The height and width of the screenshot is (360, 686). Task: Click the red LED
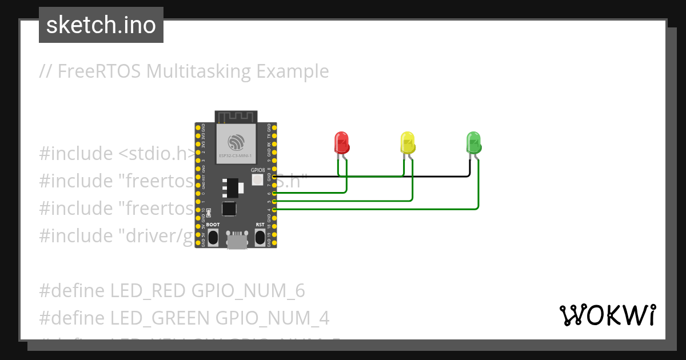[x=341, y=142]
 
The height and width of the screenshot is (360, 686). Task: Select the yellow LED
[x=407, y=142]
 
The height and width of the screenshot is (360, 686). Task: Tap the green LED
[x=473, y=142]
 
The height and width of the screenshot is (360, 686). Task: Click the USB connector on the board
[x=236, y=240]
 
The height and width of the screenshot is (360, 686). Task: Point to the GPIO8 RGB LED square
[x=257, y=180]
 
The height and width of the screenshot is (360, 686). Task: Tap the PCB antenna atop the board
[x=236, y=117]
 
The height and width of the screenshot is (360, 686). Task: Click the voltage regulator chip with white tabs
[x=230, y=186]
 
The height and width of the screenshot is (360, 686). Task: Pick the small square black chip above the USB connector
[x=229, y=209]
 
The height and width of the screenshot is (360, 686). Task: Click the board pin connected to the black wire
[x=275, y=177]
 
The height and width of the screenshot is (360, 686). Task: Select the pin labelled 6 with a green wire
[x=275, y=194]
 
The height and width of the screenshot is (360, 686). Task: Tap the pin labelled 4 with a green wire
[x=275, y=210]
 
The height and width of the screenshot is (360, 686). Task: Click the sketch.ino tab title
[x=101, y=25]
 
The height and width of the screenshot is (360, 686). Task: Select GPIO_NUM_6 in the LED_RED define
[x=248, y=291]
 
